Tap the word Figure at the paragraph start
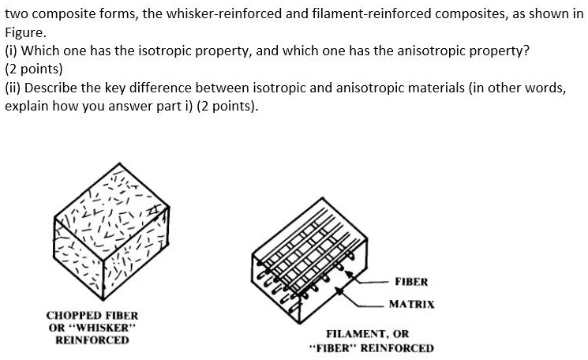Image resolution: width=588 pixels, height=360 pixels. tap(25, 33)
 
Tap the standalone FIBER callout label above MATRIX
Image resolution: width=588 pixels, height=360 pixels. tap(410, 281)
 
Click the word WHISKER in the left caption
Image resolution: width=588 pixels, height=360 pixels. tap(103, 328)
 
